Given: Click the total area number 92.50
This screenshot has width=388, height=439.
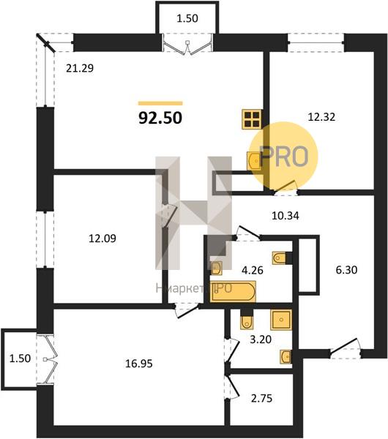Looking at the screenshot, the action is click(x=160, y=118).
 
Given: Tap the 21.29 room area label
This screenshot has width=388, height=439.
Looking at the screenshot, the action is click(x=80, y=68).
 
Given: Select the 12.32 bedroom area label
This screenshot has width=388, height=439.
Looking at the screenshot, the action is click(x=321, y=117).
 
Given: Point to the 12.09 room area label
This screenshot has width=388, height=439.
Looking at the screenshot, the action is click(x=102, y=239).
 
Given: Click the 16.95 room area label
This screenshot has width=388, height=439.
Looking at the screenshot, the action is click(x=139, y=364).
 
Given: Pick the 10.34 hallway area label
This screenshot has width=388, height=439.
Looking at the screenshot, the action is click(x=286, y=216).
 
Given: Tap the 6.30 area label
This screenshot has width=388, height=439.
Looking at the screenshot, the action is click(x=346, y=270).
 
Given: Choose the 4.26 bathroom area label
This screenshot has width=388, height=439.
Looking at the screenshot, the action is click(x=253, y=271).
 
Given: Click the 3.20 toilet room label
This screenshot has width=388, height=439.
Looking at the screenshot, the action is click(x=261, y=339).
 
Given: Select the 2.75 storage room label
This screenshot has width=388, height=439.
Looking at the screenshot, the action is click(x=261, y=398).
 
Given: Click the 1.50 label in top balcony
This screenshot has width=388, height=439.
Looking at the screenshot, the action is click(x=187, y=18).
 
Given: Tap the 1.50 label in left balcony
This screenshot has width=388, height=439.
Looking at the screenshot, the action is click(x=20, y=359).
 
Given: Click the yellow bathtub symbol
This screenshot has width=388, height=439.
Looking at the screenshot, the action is click(x=233, y=292).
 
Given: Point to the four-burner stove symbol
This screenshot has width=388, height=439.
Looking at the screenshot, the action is click(x=253, y=119).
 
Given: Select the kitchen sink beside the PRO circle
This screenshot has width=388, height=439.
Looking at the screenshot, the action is click(x=254, y=161).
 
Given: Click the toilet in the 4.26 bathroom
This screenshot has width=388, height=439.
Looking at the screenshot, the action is click(x=279, y=258).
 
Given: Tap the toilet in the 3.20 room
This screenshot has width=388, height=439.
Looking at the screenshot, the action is click(x=247, y=322).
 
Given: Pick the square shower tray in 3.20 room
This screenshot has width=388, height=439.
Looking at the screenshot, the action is click(x=281, y=320).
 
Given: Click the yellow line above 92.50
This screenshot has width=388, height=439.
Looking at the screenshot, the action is click(x=160, y=103).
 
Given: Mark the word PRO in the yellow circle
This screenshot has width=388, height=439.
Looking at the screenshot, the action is click(x=284, y=156).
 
